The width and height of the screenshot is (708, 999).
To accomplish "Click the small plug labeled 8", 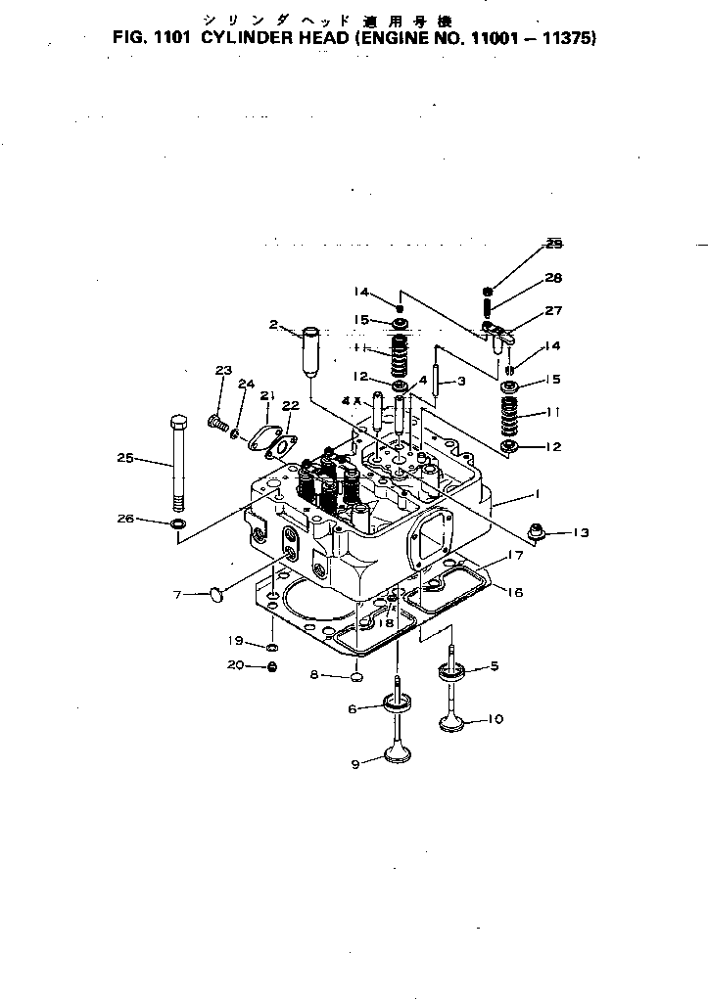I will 357,674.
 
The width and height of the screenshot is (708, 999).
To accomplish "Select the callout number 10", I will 495,719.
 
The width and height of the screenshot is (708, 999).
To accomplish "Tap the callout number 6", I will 352,709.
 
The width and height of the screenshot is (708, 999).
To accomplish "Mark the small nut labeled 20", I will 273,667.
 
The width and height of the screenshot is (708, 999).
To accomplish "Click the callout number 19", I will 235,641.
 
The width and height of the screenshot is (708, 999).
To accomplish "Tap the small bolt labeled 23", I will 216,423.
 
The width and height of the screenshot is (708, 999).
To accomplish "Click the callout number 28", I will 553,278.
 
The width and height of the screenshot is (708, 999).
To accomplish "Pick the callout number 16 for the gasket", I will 515,591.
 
